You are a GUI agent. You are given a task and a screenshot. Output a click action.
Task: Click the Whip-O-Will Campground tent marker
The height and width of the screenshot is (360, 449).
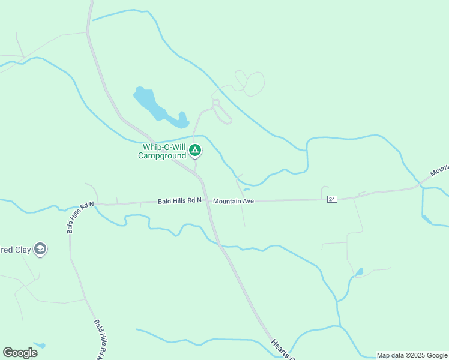tap(194, 150)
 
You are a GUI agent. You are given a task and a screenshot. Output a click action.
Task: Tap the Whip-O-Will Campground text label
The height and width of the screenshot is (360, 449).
tap(163, 151)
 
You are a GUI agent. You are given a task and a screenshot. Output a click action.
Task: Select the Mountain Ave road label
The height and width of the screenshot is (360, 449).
tap(234, 201)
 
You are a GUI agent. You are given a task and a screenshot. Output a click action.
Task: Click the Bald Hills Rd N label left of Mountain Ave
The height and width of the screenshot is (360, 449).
tap(179, 201)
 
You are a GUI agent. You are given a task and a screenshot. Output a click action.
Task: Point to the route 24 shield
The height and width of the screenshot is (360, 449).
tap(332, 199)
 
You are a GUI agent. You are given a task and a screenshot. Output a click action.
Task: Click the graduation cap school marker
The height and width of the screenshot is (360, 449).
tap(40, 249)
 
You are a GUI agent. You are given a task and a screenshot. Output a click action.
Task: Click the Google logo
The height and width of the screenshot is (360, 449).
tap(20, 352)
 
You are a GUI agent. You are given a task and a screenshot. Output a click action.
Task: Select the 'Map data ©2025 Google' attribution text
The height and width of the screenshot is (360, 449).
tap(412, 355)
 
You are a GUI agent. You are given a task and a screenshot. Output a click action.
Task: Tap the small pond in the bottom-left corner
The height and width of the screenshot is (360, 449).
tap(40, 346)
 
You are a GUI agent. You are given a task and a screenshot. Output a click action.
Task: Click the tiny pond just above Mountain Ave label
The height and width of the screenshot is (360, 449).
tap(246, 190)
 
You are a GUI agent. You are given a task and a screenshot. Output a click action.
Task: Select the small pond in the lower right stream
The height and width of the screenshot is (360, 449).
tap(359, 272)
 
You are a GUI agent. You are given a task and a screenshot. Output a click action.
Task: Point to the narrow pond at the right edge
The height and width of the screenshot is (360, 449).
tap(427, 219)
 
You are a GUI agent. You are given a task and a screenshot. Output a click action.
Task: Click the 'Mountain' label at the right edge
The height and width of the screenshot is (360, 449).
tap(439, 169)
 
